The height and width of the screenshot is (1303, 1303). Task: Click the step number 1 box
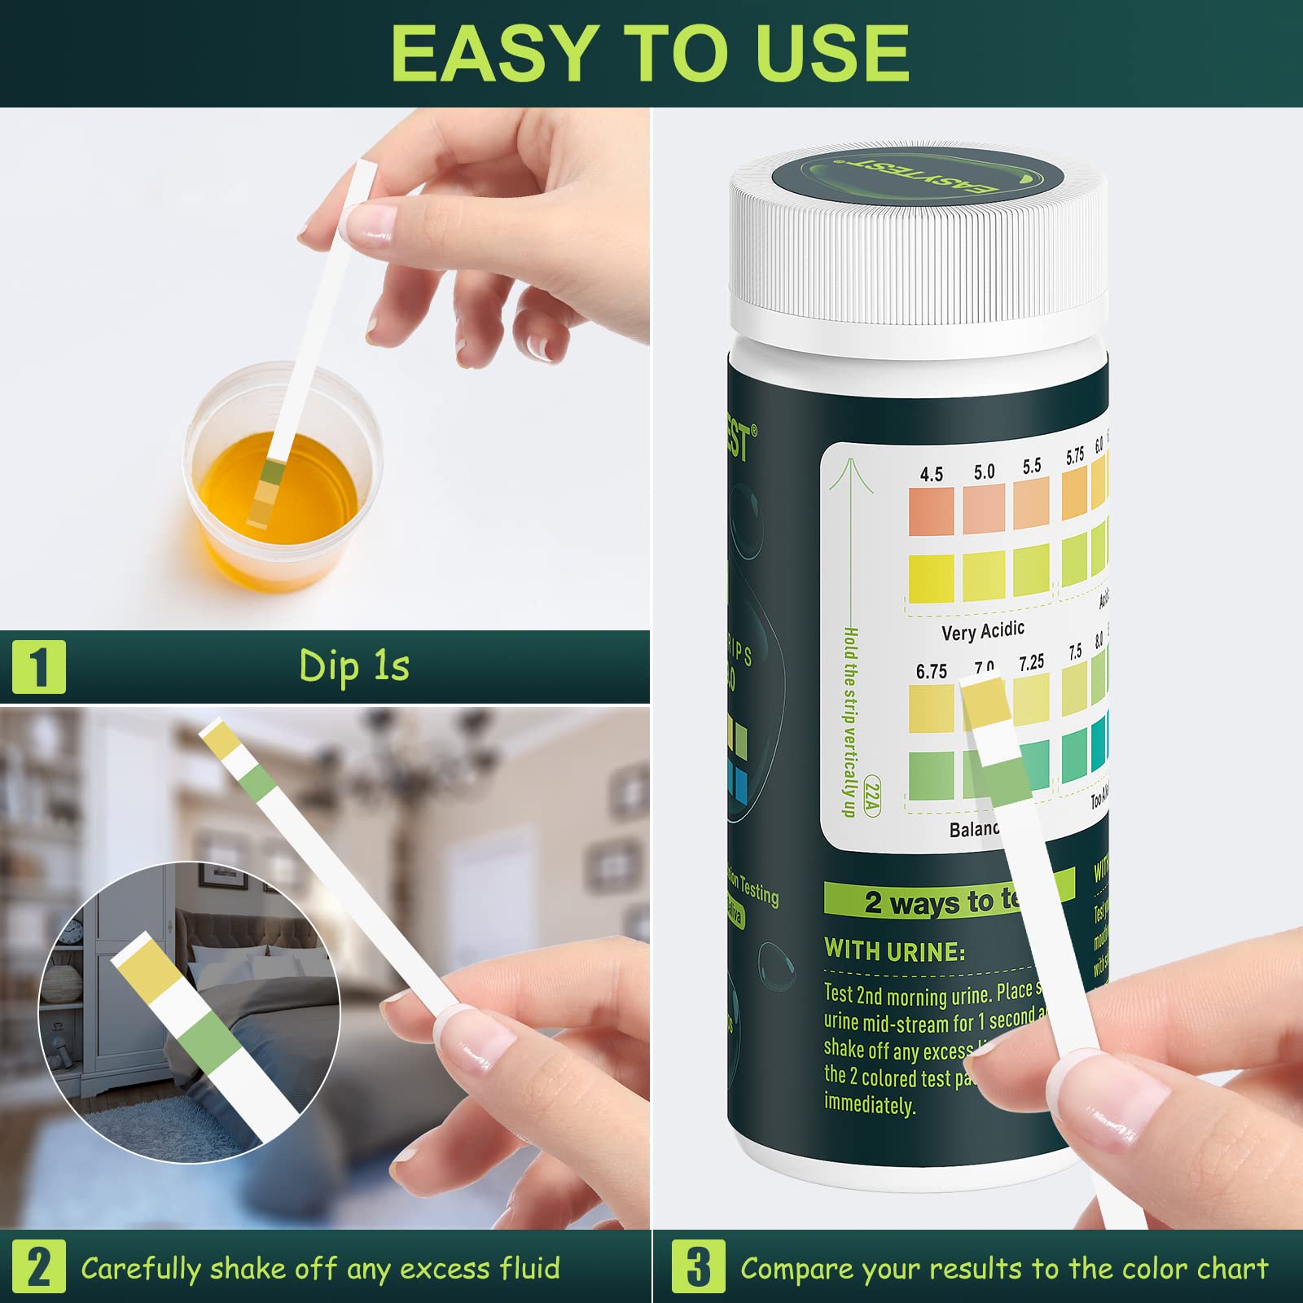point(38,667)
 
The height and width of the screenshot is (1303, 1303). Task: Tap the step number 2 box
point(38,1266)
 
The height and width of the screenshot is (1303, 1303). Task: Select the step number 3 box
point(698,1266)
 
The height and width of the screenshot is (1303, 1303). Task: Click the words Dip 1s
point(354,666)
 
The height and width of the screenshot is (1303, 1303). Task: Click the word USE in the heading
point(831,54)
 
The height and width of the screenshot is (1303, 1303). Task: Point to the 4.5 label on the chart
point(931,474)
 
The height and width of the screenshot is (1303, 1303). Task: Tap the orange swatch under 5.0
point(983,510)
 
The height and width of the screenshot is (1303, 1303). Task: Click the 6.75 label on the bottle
point(931,672)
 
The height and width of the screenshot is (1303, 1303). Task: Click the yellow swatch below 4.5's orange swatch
point(931,578)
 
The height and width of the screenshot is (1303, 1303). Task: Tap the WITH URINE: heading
point(894,950)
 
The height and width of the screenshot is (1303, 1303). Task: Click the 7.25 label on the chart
point(1031,663)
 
